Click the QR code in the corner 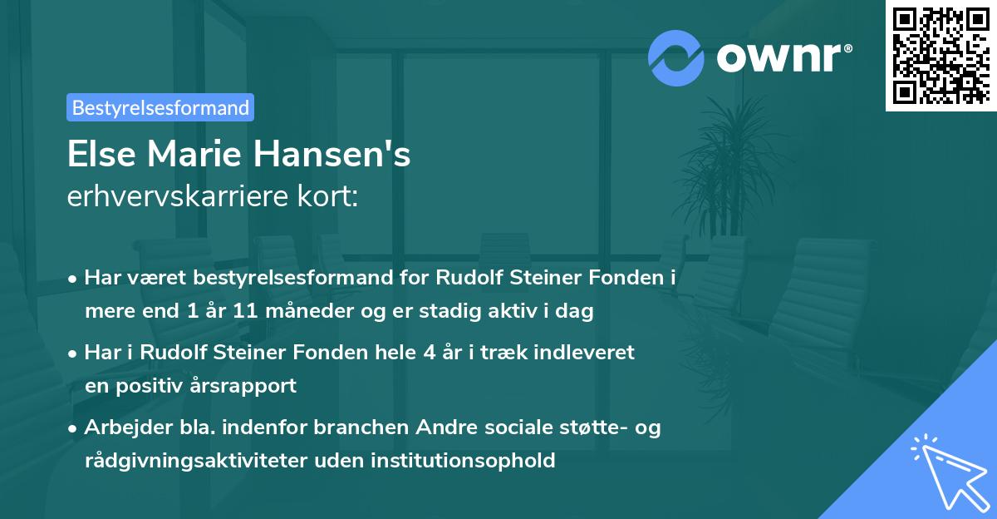click(941, 56)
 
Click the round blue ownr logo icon click(676, 56)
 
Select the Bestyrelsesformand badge click(160, 107)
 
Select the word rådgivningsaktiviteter click(203, 459)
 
